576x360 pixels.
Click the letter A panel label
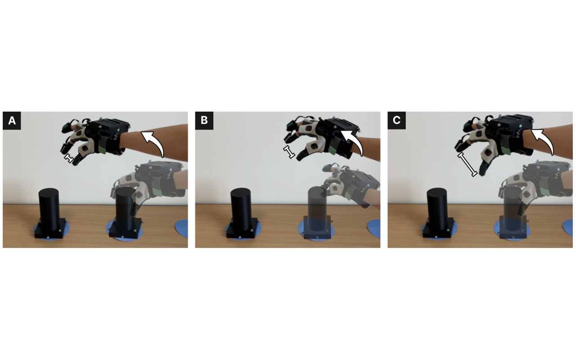coord(12,120)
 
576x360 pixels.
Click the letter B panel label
coord(204,120)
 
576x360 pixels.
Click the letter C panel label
coord(396,120)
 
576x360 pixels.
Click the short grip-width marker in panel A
coord(69,158)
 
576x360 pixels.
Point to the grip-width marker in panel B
coord(289,152)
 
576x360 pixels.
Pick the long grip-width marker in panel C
coord(467,165)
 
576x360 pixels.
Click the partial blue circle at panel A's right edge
coord(182,229)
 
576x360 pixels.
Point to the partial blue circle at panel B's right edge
coord(374,229)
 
